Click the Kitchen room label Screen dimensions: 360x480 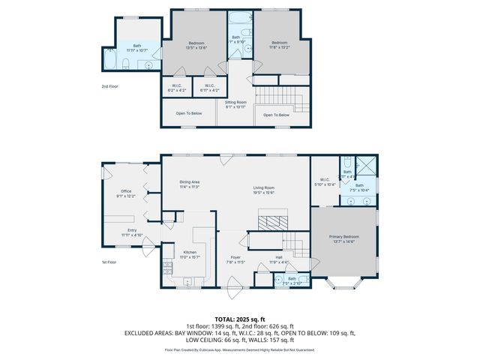pyautogui.click(x=190, y=253)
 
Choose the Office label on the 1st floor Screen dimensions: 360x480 pyautogui.click(x=126, y=192)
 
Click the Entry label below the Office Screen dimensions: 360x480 pyautogui.click(x=131, y=231)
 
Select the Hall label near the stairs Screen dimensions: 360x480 pyautogui.click(x=278, y=259)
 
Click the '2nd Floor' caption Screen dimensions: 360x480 pyautogui.click(x=110, y=87)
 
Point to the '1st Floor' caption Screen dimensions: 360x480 pyautogui.click(x=110, y=262)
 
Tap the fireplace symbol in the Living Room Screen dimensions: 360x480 pyautogui.click(x=268, y=223)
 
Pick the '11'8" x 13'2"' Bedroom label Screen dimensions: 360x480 pyautogui.click(x=280, y=43)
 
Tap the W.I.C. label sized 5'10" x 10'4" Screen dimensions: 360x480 pyautogui.click(x=325, y=180)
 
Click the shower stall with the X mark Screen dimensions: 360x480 pyautogui.click(x=365, y=164)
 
